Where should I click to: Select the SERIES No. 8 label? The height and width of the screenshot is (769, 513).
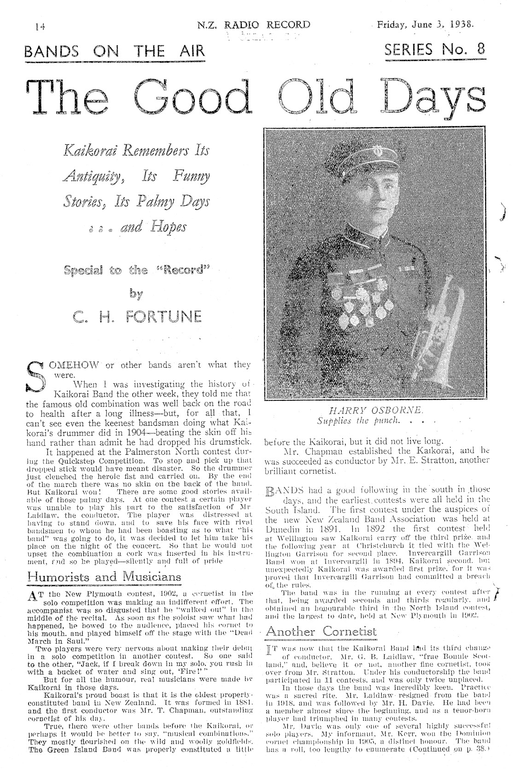pyautogui.click(x=434, y=49)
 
